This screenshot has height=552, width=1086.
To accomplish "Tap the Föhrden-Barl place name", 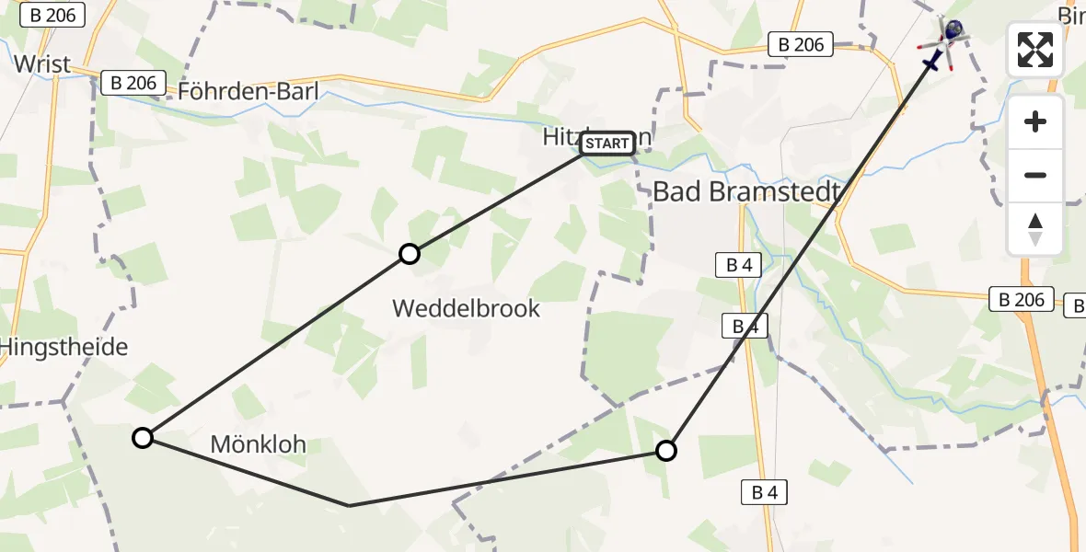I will (x=248, y=91).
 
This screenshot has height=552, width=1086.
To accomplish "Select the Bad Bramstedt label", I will (x=748, y=192).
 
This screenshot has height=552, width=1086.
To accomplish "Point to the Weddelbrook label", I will (x=466, y=308).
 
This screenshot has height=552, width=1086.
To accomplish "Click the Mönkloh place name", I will (x=259, y=445).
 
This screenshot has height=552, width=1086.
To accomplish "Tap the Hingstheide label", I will (x=64, y=347).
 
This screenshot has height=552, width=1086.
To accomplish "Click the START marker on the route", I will (x=607, y=143).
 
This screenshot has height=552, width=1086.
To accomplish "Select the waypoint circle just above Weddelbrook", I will (x=410, y=254).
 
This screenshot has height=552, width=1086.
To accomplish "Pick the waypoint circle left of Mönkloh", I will (x=143, y=438).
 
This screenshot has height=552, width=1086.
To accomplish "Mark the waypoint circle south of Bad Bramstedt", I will (x=665, y=451).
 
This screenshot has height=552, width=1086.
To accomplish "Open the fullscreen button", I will (x=1035, y=50).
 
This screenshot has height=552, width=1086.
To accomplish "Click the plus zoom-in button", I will (x=1035, y=121).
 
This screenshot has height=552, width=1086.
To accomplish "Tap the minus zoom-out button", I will (x=1035, y=175).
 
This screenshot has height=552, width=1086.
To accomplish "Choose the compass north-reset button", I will (x=1035, y=229).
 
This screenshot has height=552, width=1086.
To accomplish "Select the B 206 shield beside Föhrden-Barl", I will (x=133, y=83).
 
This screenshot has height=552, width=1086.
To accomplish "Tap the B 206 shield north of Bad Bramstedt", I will (x=801, y=44).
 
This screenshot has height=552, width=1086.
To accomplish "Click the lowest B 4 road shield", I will (x=764, y=492).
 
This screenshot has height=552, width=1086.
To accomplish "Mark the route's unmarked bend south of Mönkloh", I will (x=349, y=505).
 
